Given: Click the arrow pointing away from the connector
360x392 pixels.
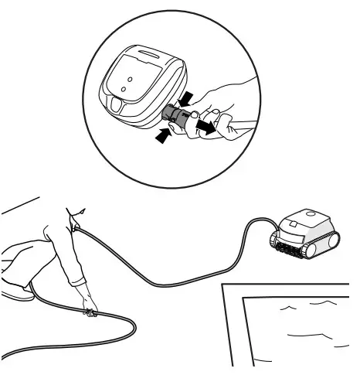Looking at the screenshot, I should (205, 124).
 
